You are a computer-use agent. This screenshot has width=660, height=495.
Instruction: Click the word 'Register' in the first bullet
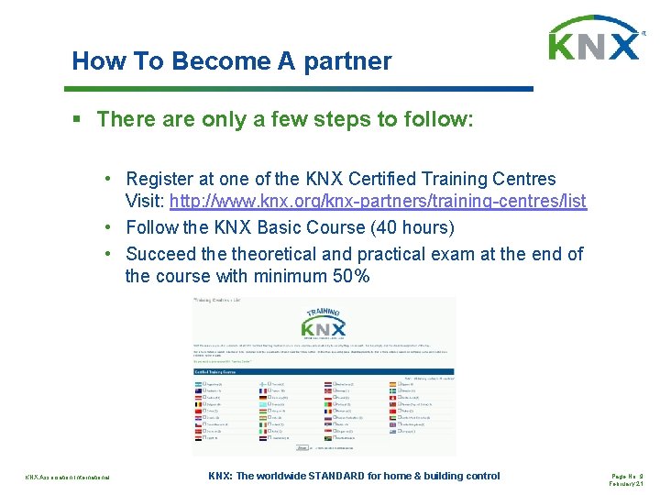click(x=164, y=179)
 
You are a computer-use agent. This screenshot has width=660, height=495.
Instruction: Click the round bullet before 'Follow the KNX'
click(x=108, y=227)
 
